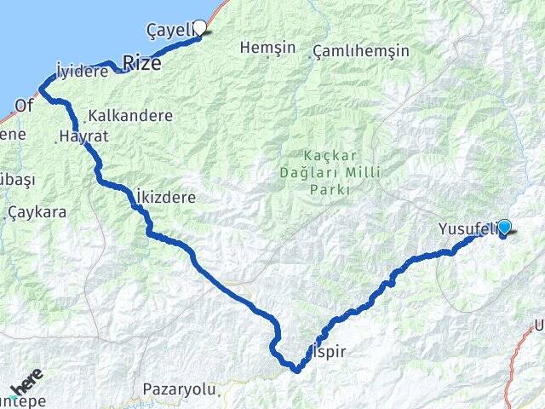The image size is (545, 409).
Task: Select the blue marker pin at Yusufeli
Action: pyautogui.click(x=504, y=228)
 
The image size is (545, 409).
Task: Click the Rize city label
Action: pyautogui.click(x=142, y=62)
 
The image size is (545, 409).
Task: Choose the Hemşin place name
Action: pyautogui.click(x=261, y=48)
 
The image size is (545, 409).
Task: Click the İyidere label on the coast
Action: pyautogui.click(x=81, y=72)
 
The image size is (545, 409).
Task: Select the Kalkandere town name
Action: pyautogui.click(x=130, y=115)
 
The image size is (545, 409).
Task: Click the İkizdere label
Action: pyautogui.click(x=165, y=197)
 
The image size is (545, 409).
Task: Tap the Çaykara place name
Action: pyautogui.click(x=37, y=212)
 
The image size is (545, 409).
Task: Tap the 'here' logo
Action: pyautogui.click(x=26, y=381)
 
